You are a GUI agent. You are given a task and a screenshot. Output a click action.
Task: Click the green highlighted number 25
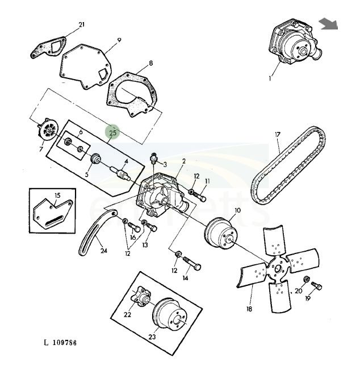pyautogui.click(x=112, y=132)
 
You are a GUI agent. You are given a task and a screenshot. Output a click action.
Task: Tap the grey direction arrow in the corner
pyautogui.click(x=328, y=23)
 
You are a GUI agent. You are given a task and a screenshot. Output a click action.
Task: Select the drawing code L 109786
pyautogui.click(x=60, y=343)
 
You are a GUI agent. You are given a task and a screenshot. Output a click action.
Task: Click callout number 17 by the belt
pyautogui.click(x=278, y=135)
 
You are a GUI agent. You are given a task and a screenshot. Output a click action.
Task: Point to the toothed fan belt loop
pyautogui.click(x=290, y=160)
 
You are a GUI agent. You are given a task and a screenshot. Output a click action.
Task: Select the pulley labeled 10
pyautogui.click(x=220, y=232)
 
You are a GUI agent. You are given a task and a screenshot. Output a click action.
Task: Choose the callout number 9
pyautogui.click(x=119, y=40)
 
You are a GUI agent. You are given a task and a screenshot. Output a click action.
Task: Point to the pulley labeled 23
pyautogui.click(x=171, y=316)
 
